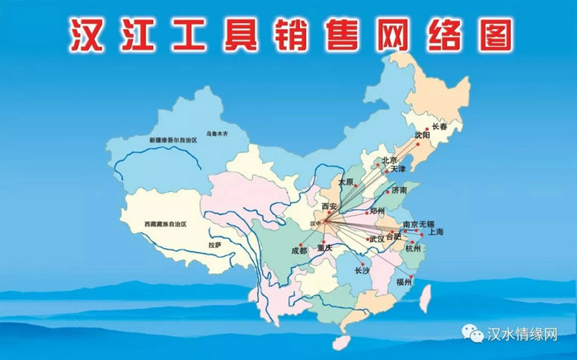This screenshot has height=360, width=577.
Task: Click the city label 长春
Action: (x=443, y=127)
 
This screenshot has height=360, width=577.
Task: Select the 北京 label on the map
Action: (x=389, y=161)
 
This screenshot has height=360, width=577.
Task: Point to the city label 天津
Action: (x=398, y=169)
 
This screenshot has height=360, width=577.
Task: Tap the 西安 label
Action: (x=330, y=205)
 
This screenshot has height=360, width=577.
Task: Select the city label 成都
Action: (x=298, y=250)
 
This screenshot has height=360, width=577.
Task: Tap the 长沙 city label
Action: (x=364, y=270)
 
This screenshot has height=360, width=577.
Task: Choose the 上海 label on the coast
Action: (x=435, y=232)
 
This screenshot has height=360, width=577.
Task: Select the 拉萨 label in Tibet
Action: (x=215, y=245)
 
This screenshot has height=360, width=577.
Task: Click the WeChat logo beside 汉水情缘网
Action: (x=474, y=335)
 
